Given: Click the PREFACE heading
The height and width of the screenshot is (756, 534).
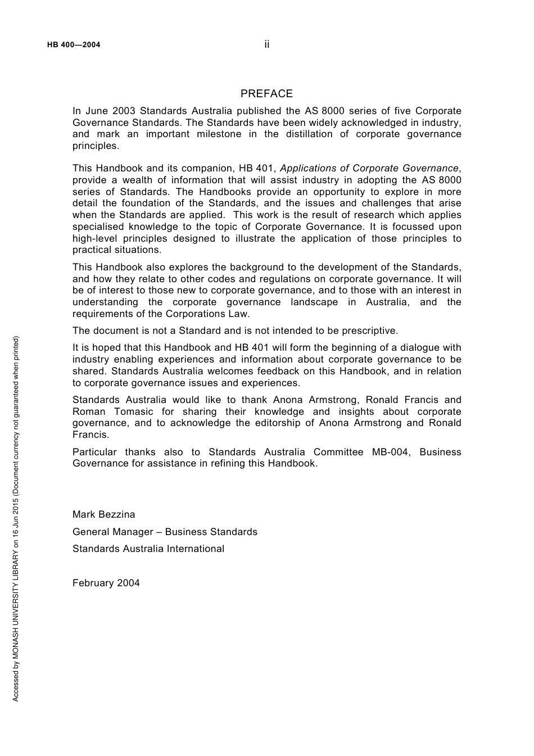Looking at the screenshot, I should [x=266, y=94].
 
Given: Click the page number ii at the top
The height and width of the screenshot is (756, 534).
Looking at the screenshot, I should [x=267, y=44].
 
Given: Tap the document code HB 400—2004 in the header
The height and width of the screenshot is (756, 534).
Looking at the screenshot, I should [x=74, y=45].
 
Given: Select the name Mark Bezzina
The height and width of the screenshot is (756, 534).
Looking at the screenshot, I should [x=103, y=514].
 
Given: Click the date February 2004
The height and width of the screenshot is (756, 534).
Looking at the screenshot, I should [x=106, y=583].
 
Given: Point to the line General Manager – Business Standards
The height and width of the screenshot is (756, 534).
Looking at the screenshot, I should [x=165, y=532].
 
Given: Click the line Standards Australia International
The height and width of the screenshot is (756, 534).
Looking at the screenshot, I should [x=148, y=549].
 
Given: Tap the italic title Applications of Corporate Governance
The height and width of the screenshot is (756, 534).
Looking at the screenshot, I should [x=369, y=168].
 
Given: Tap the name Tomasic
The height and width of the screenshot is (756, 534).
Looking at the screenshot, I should [x=133, y=411].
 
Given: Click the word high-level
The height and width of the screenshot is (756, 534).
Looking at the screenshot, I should [x=94, y=238].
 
